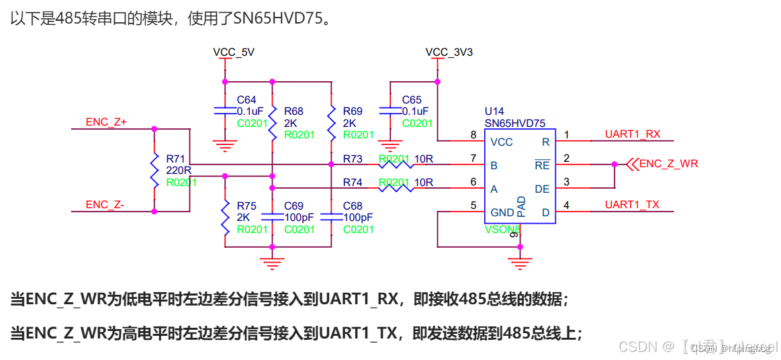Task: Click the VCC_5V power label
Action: (x=233, y=52)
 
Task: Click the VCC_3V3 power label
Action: (x=449, y=52)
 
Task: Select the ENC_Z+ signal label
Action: (x=106, y=122)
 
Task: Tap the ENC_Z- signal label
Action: (x=105, y=205)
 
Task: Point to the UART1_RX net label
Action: (x=632, y=134)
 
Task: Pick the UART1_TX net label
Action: (x=632, y=205)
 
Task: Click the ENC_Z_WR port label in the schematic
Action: (x=668, y=163)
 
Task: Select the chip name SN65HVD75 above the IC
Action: (x=515, y=123)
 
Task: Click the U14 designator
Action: (x=494, y=111)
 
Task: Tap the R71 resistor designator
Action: (x=176, y=159)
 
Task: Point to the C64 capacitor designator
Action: (x=247, y=100)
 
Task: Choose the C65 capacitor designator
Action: (x=412, y=100)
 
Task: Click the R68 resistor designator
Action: (x=293, y=111)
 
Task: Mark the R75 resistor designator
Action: (x=246, y=206)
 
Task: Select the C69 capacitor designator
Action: (x=294, y=206)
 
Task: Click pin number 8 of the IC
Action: (x=473, y=135)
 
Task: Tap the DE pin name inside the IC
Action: (x=542, y=189)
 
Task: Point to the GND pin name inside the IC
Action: (x=502, y=212)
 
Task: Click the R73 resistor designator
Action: (x=352, y=159)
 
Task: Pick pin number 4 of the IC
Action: (x=566, y=206)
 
